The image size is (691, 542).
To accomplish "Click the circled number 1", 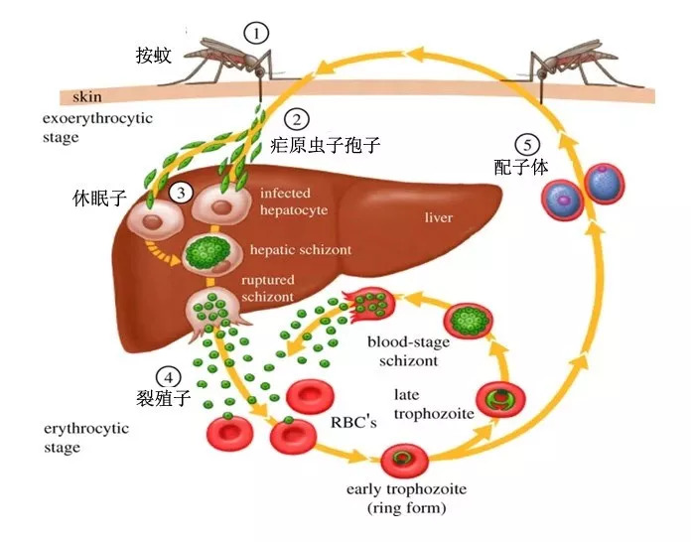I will (257, 33).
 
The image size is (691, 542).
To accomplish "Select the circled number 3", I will (180, 193).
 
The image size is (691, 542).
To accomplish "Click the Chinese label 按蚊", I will (154, 56).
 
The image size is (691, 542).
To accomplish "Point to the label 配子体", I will (520, 167).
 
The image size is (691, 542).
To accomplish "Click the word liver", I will (438, 216).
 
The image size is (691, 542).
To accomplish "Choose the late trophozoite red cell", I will (495, 398).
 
